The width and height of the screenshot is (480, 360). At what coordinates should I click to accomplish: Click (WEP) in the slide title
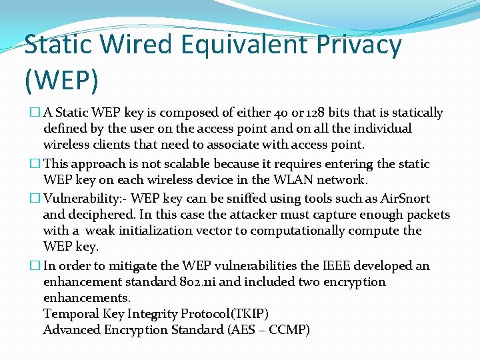click(61, 79)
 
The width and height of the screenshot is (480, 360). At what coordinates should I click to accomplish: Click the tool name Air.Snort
click(406, 199)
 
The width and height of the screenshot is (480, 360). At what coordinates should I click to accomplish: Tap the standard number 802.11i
click(194, 282)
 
